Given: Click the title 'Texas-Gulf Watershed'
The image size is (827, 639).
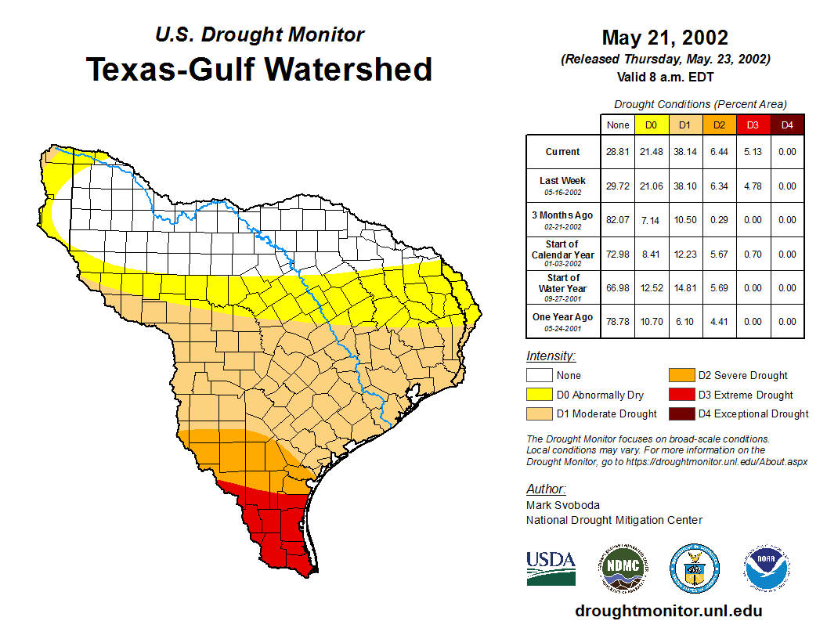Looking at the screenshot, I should (258, 70).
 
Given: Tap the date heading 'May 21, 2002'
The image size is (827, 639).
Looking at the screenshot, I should (665, 38).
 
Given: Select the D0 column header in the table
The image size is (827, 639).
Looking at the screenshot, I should (651, 125).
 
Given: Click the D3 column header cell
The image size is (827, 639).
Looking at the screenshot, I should (753, 125).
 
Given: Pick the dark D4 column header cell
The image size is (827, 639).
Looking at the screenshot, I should (787, 125).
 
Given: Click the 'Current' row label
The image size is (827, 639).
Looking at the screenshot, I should (563, 152).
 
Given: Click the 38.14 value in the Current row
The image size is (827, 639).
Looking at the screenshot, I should (684, 152).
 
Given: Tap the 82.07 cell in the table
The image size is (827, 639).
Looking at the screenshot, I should (617, 220).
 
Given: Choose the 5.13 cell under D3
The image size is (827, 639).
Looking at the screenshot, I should (753, 152).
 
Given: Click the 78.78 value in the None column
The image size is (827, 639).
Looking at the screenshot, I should (617, 322).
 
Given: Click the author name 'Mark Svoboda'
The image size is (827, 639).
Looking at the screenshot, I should (563, 505).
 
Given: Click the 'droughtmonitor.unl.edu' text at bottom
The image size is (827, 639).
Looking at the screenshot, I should (668, 611).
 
